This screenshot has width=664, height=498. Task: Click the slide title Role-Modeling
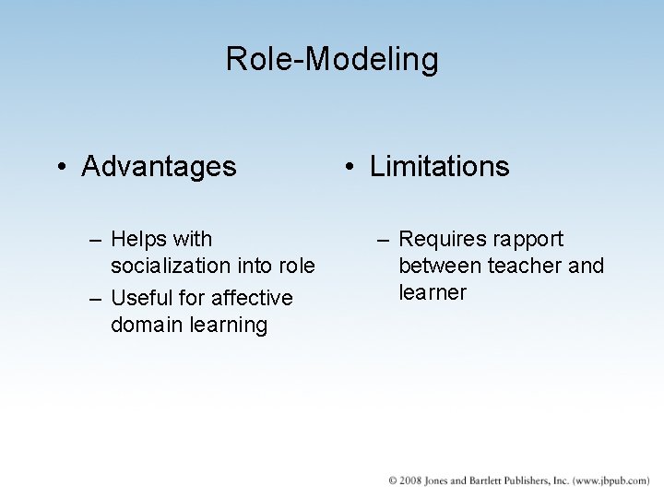pos(332,60)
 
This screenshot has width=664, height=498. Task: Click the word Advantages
pos(159,167)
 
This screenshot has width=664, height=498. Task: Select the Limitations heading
pos(439,167)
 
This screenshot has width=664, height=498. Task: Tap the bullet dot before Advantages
pos(60,168)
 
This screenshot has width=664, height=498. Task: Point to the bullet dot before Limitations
pos(349,168)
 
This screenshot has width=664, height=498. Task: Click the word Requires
pos(442,240)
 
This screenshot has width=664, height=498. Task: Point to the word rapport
pos(528,240)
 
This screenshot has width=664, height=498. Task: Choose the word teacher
pos(532,267)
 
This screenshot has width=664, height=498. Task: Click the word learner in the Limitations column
pos(433,293)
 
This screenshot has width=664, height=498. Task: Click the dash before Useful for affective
pos(96,299)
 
